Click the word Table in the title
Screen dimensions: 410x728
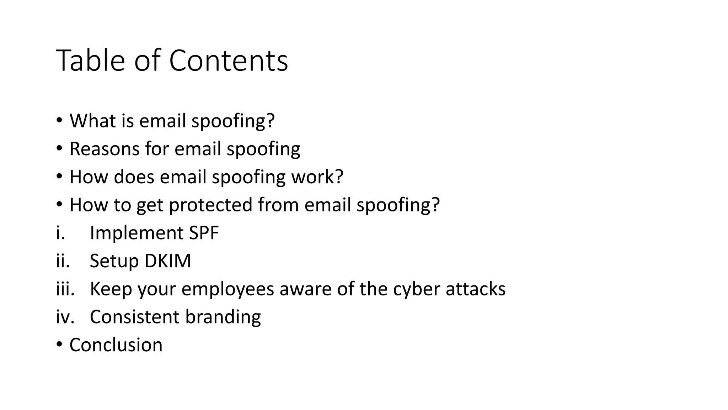(x=90, y=61)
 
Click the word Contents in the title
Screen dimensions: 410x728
(x=228, y=61)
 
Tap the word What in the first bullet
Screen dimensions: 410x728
(x=93, y=121)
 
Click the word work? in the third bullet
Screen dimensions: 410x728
(x=317, y=177)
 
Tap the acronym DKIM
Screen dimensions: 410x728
(x=168, y=261)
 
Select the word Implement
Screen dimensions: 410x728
(x=136, y=233)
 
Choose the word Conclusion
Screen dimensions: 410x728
(x=116, y=345)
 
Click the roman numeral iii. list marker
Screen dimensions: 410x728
(x=65, y=289)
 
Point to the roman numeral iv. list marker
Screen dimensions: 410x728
(x=65, y=317)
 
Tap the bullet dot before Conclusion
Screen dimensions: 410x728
(x=59, y=345)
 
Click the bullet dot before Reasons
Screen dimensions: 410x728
(x=59, y=148)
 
